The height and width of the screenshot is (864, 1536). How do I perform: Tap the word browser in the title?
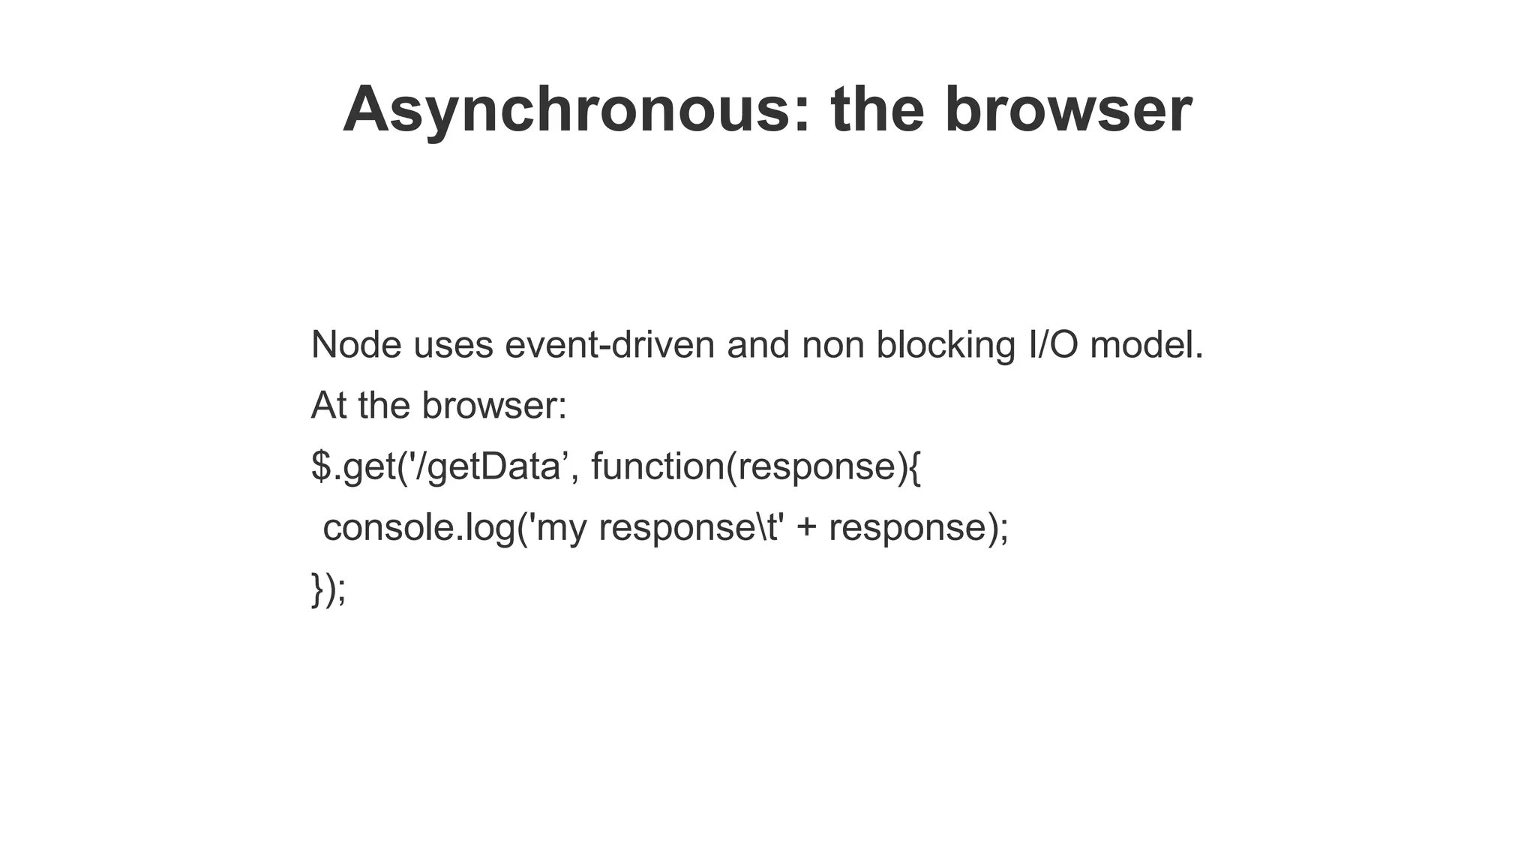click(x=1068, y=110)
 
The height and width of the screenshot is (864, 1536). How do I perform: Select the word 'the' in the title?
click(x=877, y=110)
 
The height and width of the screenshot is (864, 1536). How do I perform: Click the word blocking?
click(x=946, y=345)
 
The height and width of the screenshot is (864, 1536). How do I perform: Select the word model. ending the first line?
click(x=1146, y=345)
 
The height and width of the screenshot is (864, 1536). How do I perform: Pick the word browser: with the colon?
click(x=494, y=406)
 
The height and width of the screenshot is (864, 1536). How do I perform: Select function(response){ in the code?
click(x=756, y=466)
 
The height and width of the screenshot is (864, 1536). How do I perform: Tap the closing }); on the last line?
click(x=328, y=588)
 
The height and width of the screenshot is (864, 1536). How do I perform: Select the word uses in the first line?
click(x=453, y=345)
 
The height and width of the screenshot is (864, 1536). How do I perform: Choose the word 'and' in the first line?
click(x=757, y=345)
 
